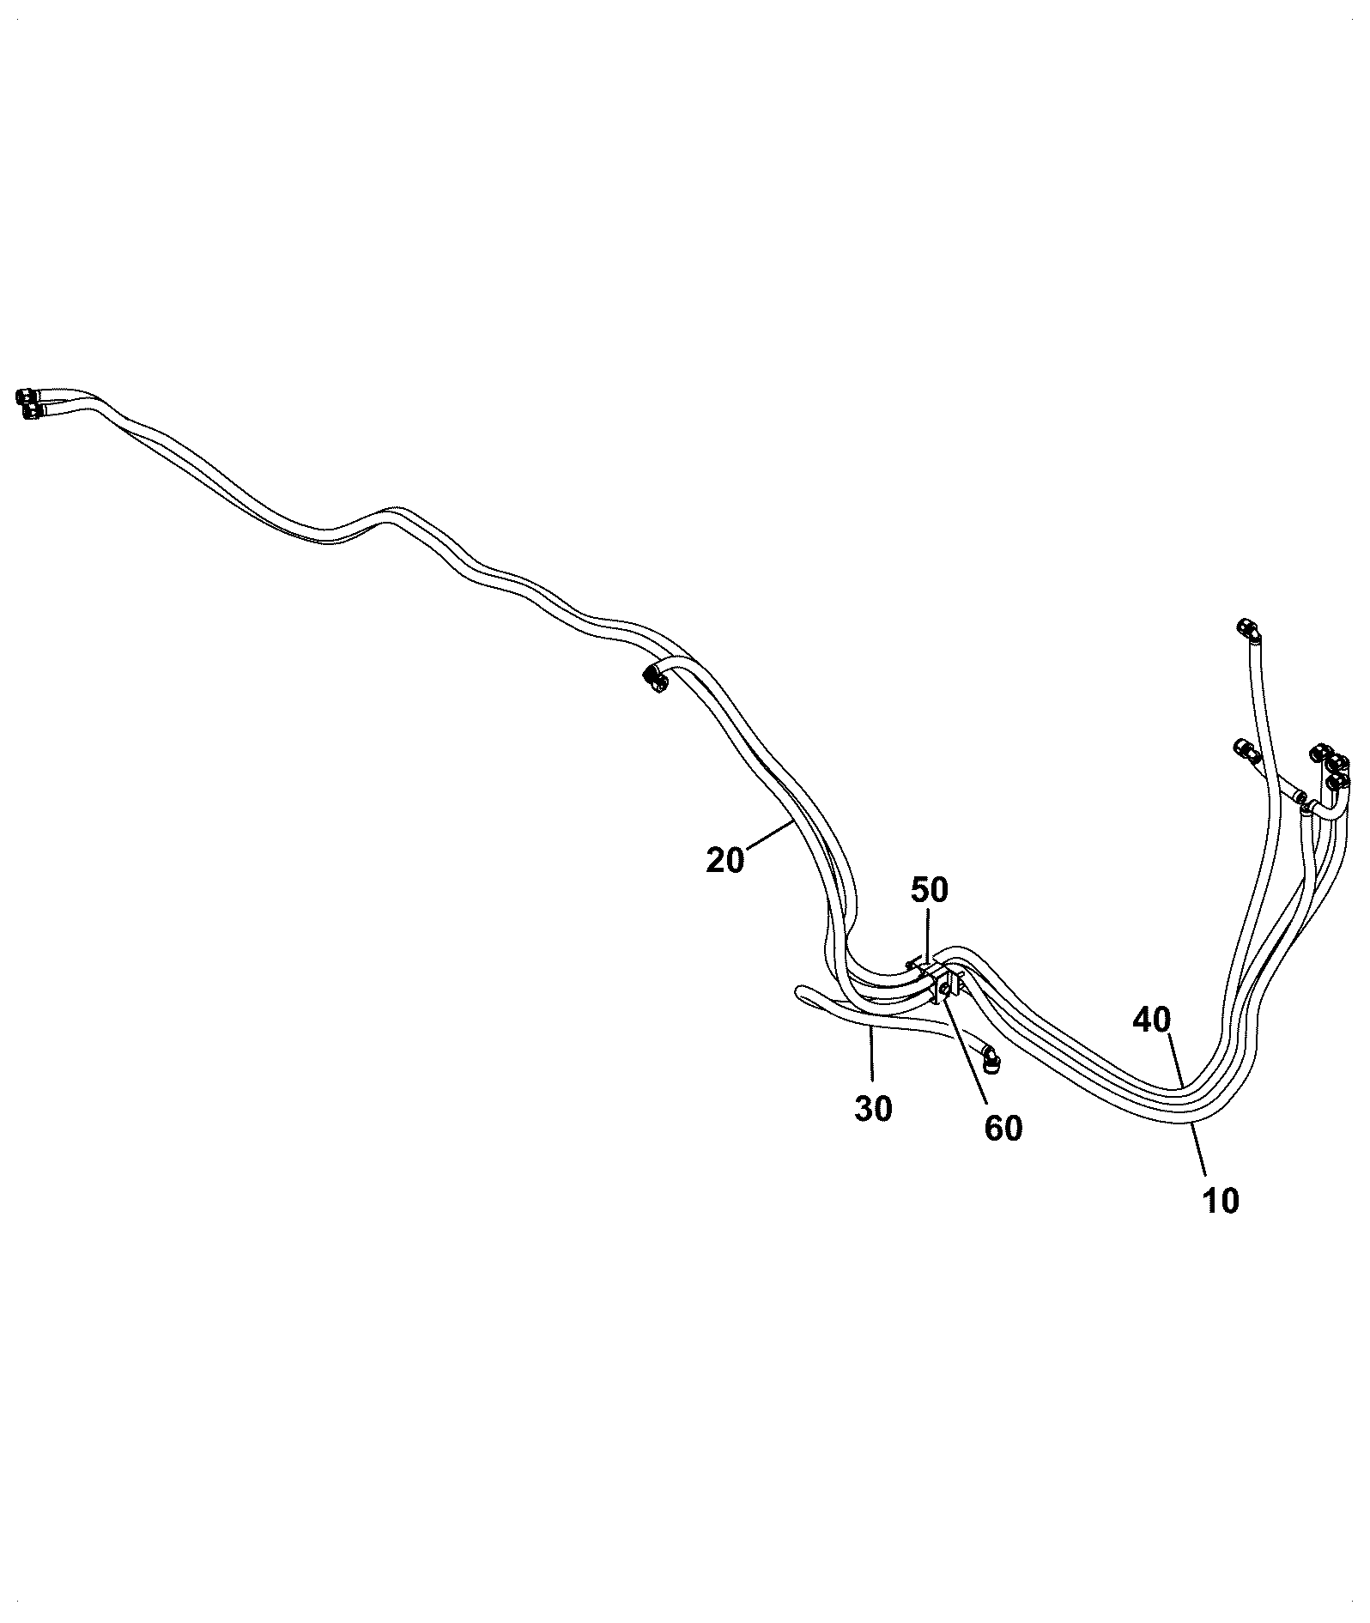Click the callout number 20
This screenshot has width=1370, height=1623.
point(724,859)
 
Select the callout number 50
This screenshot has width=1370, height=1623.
point(929,890)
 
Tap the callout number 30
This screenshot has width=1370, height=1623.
point(873,1109)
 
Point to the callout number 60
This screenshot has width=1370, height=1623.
point(1003,1128)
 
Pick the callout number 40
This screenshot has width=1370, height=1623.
point(1151,1020)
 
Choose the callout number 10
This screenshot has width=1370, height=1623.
point(1221,1201)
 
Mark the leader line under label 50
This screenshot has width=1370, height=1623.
point(926,937)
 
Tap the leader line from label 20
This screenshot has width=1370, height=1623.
point(768,835)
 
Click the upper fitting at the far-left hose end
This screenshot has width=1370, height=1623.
point(27,396)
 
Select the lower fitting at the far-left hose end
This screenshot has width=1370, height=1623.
point(32,412)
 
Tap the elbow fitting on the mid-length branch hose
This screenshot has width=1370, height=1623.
point(655,681)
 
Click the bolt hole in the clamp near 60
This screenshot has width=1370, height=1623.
point(944,991)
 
